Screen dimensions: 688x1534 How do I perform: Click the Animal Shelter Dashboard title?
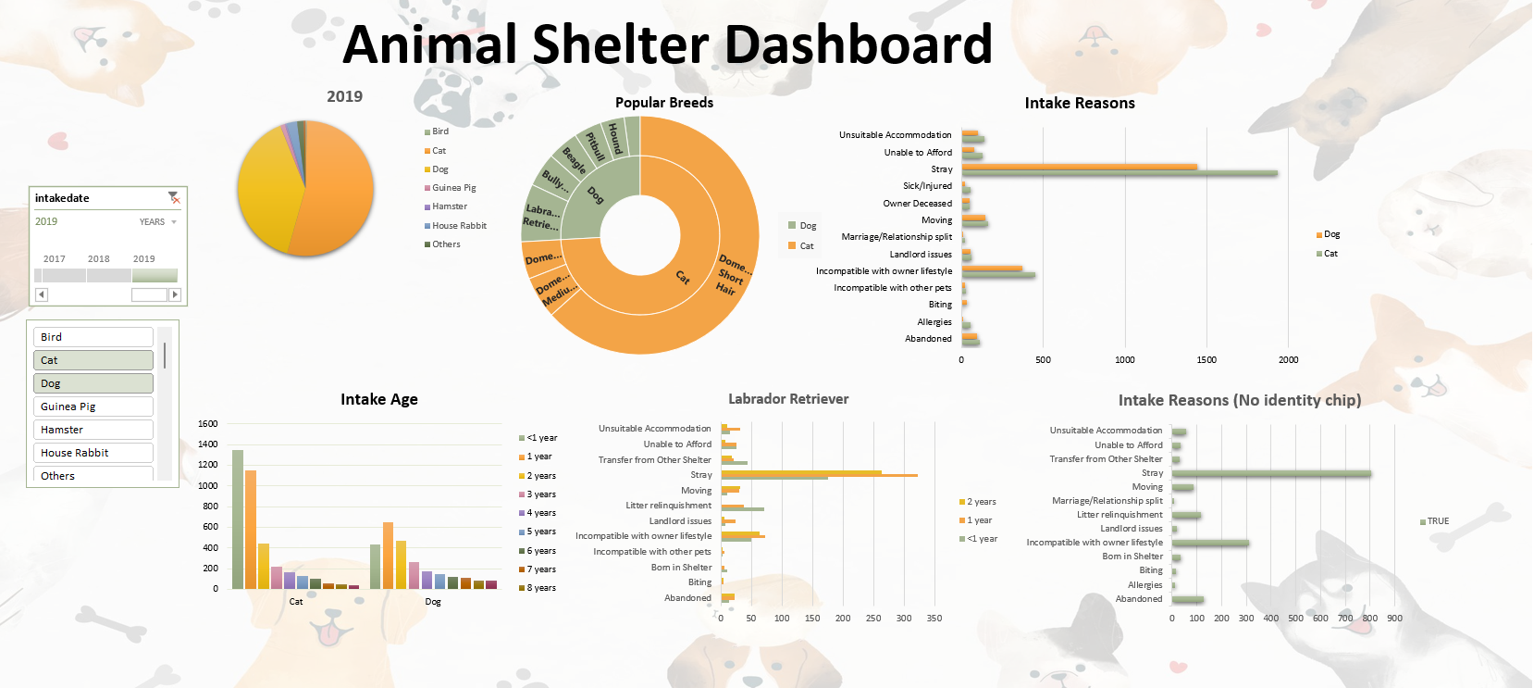click(x=667, y=44)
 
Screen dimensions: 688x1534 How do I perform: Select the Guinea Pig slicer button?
click(x=93, y=407)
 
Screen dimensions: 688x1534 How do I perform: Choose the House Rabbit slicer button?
click(x=93, y=453)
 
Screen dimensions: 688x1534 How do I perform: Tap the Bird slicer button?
click(x=93, y=337)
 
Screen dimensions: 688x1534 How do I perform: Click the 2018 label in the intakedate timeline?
click(x=99, y=259)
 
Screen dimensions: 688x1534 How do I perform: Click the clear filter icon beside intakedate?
click(x=173, y=197)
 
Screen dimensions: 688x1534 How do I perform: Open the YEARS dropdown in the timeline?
click(x=158, y=222)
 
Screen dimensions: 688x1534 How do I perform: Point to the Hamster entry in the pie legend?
click(x=449, y=206)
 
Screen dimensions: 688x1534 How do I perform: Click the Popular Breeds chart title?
click(x=664, y=103)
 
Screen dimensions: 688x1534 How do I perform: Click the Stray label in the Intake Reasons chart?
click(x=941, y=169)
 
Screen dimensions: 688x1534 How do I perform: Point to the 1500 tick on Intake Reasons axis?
click(x=1206, y=360)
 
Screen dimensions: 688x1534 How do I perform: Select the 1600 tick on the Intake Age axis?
click(x=208, y=424)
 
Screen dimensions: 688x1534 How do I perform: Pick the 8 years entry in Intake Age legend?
click(x=541, y=588)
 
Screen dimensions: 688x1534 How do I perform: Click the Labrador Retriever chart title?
click(x=788, y=399)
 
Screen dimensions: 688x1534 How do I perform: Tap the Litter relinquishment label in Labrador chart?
click(x=668, y=506)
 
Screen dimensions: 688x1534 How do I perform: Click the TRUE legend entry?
click(x=1437, y=521)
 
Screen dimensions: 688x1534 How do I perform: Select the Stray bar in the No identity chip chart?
click(x=1270, y=474)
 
